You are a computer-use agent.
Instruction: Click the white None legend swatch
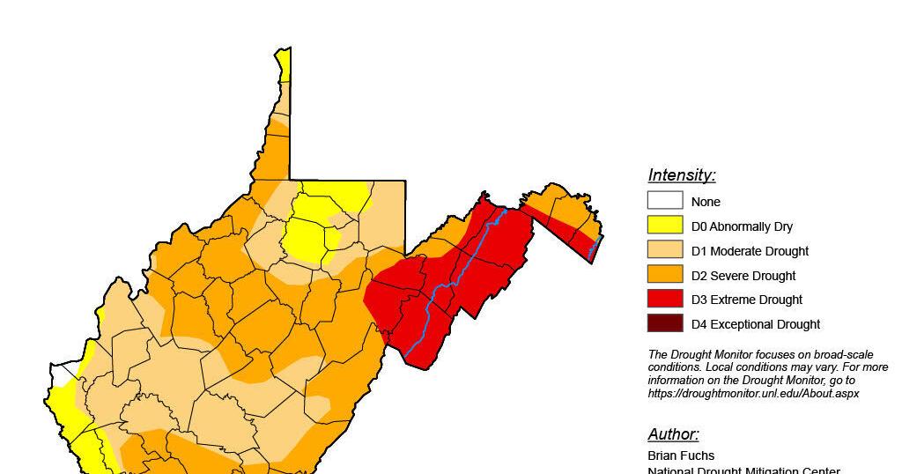[665, 201]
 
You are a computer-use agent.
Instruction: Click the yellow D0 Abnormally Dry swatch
[665, 226]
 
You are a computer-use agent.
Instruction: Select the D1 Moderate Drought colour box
[665, 250]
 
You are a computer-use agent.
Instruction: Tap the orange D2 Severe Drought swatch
[665, 275]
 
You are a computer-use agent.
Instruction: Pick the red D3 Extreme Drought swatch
[665, 299]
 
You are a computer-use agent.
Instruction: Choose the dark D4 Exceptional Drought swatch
[665, 323]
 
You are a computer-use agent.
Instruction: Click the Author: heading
[673, 434]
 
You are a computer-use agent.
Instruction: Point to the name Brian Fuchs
[681, 455]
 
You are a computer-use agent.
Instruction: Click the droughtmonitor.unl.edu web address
[753, 393]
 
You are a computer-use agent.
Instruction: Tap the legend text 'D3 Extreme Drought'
[746, 300]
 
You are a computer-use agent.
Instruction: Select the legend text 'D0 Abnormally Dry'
[742, 226]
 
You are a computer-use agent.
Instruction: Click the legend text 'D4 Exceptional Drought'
[755, 324]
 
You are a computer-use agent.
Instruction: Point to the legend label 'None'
[706, 202]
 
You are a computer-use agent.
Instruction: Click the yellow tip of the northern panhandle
[284, 63]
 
